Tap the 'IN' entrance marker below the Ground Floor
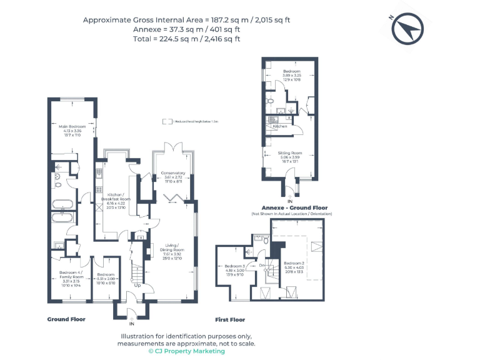click(x=131, y=324)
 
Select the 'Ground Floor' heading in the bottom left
click(x=66, y=319)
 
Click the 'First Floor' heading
click(x=230, y=319)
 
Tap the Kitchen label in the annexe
click(x=279, y=126)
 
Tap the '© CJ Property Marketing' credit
click(x=187, y=351)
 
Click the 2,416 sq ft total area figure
click(x=219, y=39)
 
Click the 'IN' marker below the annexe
click(x=289, y=201)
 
